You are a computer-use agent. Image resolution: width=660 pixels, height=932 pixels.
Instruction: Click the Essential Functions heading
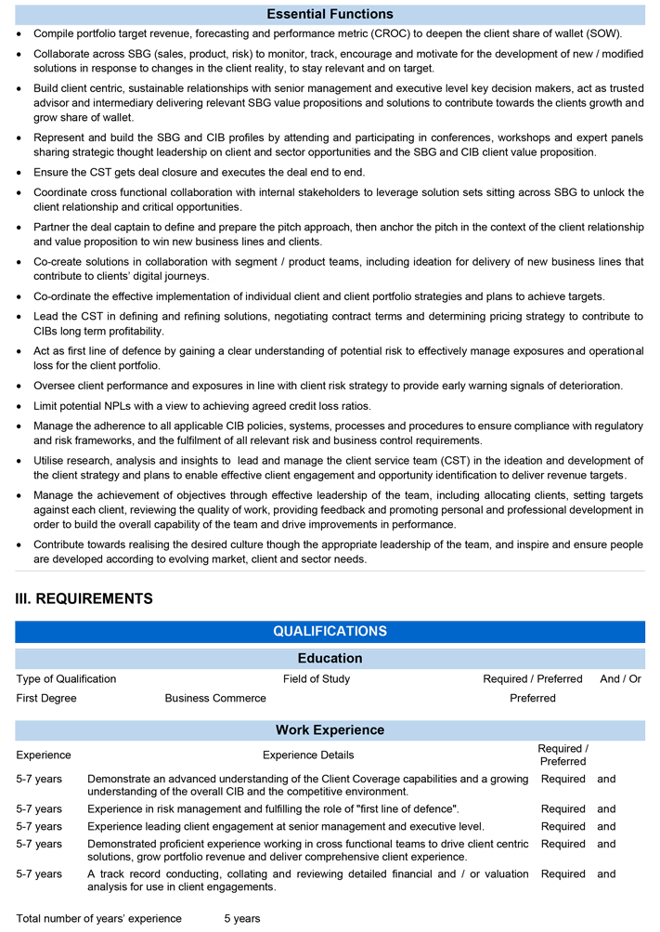pos(330,14)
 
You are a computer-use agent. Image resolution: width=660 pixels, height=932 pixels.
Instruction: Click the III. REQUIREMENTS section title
pos(84,598)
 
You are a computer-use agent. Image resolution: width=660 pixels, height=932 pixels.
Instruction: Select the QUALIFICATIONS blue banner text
pos(330,632)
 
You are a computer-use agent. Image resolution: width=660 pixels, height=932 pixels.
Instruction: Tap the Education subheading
pos(330,658)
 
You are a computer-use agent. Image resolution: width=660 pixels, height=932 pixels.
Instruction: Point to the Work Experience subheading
pos(330,729)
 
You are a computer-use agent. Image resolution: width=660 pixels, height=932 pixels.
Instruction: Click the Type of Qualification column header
pos(66,679)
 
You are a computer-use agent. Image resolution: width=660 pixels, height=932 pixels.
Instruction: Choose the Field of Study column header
pos(317,679)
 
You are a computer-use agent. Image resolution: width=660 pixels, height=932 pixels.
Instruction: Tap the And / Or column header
pos(620,679)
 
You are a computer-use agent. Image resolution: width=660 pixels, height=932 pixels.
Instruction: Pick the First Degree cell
pos(46,698)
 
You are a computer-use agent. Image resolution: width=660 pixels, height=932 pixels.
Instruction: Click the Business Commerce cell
pos(215,698)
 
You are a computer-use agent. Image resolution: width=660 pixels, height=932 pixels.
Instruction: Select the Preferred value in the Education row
pos(533,698)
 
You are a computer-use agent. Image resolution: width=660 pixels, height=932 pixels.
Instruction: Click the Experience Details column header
pos(308,755)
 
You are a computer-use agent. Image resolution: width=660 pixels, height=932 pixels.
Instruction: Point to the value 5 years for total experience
pos(242,919)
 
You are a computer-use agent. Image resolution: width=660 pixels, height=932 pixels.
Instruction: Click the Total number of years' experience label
pos(99,919)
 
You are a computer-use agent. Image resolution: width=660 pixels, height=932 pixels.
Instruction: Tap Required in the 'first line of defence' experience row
pos(563,809)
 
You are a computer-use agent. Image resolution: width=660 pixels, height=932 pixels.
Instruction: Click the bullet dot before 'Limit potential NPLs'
pos(21,407)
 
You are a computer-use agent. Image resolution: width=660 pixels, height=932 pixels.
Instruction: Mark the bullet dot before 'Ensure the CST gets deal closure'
pos(21,173)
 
